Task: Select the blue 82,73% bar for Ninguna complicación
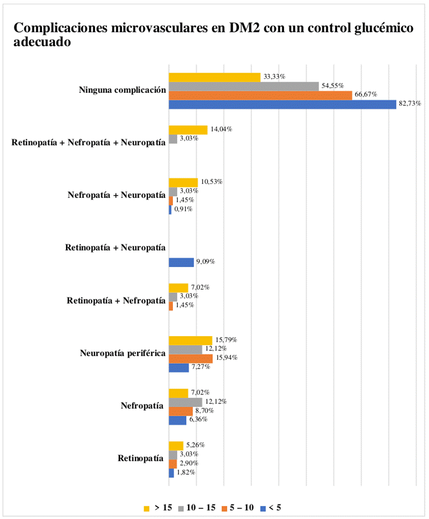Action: pos(282,104)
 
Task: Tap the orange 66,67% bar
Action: pos(260,95)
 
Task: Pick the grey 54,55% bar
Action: pos(244,86)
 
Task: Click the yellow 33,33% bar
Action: pos(214,77)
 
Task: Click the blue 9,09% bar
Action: pos(181,262)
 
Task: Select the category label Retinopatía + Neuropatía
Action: pos(115,248)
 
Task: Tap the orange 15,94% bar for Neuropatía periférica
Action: pos(190,358)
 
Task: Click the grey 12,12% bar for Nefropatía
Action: pos(185,402)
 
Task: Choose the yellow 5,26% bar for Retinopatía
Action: pos(176,445)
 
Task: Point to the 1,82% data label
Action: pos(186,472)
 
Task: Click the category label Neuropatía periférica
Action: pos(122,354)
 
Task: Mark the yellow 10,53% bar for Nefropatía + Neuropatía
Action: pos(183,182)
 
